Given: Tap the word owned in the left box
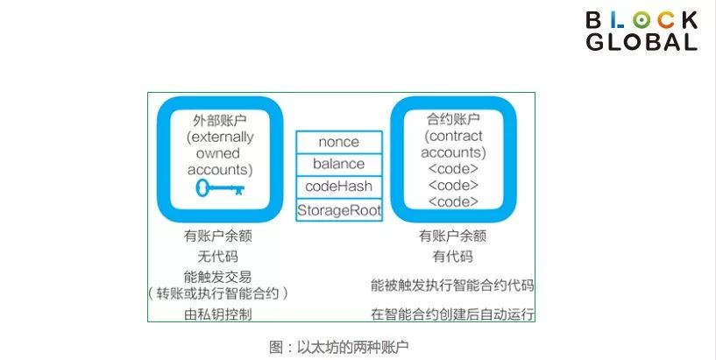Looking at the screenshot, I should click(219, 152).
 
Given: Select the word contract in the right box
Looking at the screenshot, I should click(451, 137).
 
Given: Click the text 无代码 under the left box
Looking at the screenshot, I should click(219, 256).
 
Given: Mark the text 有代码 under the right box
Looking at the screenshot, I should click(452, 256).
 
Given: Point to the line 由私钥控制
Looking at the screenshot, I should click(219, 313).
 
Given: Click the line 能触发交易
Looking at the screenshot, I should click(219, 276).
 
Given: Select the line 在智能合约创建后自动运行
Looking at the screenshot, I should click(452, 313).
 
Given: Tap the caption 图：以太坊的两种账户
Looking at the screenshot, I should click(338, 346).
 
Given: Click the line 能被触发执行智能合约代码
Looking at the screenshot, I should click(452, 286).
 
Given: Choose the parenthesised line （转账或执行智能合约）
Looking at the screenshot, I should click(219, 293).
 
